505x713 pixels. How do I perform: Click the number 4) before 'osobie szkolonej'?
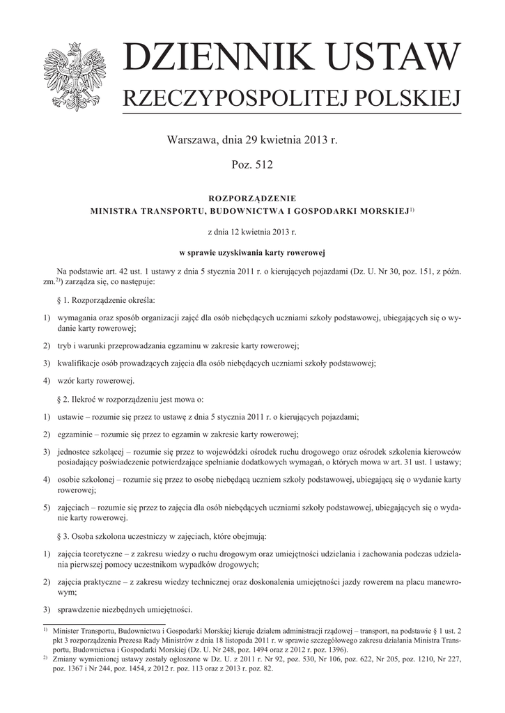click(47, 480)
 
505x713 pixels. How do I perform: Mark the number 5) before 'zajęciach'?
click(47, 508)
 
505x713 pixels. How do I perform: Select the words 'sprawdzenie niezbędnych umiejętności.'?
click(125, 609)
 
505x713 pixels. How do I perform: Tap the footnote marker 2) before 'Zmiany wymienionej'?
click(45, 657)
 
